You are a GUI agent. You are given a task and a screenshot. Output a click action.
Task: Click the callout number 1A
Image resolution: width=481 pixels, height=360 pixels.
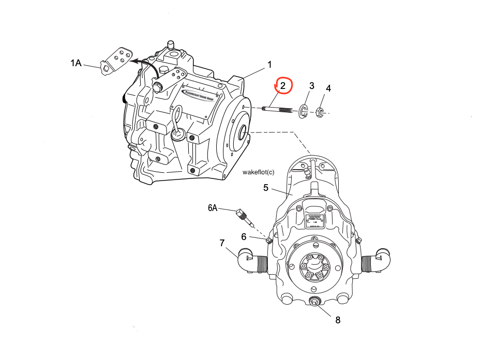coord(76,63)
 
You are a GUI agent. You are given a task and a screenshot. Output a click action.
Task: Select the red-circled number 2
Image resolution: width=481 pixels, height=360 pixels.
coord(283,85)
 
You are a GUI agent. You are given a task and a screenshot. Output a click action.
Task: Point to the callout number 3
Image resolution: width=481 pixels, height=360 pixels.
coord(311,85)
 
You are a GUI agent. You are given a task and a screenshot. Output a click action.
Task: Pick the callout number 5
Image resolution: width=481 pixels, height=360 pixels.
coord(266,187)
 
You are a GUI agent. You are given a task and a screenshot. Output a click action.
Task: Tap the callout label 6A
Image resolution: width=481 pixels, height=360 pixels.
coord(213,208)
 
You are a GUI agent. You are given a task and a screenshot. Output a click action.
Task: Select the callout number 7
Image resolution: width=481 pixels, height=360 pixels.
coord(222,242)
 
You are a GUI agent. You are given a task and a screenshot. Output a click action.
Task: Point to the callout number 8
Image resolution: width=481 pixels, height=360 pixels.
coord(338,320)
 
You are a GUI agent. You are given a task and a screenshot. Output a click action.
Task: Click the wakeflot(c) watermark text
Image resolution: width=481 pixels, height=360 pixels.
coord(258,172)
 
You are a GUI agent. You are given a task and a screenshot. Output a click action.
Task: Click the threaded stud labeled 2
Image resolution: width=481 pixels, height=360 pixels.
coord(279,109)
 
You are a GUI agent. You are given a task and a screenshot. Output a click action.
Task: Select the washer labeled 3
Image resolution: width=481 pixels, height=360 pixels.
coord(304,110)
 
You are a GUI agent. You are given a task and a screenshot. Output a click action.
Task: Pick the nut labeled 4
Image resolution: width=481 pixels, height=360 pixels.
coord(320,111)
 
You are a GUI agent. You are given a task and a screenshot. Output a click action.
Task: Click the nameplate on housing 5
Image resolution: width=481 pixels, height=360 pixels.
coord(314,223)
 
